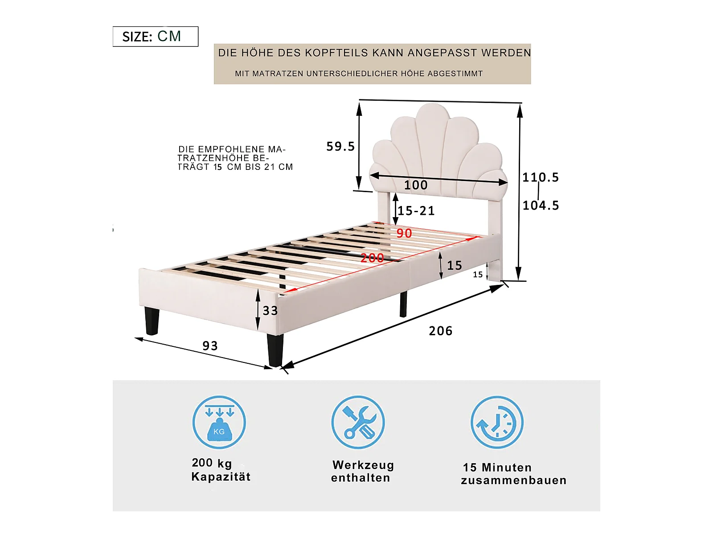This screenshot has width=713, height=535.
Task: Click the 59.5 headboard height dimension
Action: (x=340, y=146)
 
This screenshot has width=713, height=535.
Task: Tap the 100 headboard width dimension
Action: (x=415, y=185)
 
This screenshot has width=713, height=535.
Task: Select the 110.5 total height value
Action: (x=541, y=177)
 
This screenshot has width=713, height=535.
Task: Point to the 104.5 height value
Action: (x=541, y=206)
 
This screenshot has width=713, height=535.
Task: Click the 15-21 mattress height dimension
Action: (x=416, y=211)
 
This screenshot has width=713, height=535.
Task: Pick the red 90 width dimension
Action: (x=404, y=233)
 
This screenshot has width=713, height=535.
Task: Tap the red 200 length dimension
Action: (x=372, y=258)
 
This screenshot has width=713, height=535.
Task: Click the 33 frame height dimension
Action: (x=270, y=311)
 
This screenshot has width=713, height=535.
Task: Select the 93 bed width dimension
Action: (x=210, y=346)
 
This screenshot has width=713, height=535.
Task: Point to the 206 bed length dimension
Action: (x=440, y=331)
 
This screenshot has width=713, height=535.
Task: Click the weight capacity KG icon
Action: (x=219, y=422)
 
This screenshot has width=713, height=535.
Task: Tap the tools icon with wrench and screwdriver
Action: (x=358, y=422)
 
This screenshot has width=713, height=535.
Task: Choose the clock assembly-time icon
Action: (x=497, y=422)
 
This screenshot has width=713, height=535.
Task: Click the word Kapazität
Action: (x=221, y=477)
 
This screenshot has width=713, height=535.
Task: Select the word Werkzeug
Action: (x=363, y=465)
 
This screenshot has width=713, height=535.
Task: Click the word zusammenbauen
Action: (x=513, y=481)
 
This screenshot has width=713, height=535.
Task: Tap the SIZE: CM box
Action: (x=155, y=37)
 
